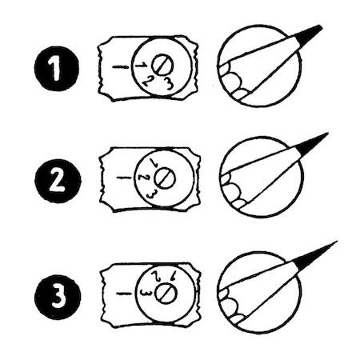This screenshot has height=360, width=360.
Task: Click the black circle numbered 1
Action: (57, 69)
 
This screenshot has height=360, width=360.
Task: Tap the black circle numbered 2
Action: (58, 181)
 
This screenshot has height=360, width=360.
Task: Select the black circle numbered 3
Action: (58, 297)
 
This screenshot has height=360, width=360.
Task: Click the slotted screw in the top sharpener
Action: (162, 65)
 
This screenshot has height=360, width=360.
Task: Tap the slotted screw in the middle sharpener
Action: (164, 178)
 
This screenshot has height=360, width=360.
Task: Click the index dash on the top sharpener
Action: (121, 66)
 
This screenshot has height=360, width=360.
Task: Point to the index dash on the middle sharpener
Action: (124, 178)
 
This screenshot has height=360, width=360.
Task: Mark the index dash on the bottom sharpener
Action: (124, 294)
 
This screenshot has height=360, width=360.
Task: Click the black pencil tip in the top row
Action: (309, 35)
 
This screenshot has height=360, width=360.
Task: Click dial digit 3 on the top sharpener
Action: (168, 83)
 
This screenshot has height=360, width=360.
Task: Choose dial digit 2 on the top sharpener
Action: (147, 81)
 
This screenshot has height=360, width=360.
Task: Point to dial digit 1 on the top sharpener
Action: (141, 65)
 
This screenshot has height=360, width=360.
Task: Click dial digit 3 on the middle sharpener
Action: (151, 194)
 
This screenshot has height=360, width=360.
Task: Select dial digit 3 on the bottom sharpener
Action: (146, 293)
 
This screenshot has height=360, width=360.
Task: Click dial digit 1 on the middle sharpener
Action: (154, 162)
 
